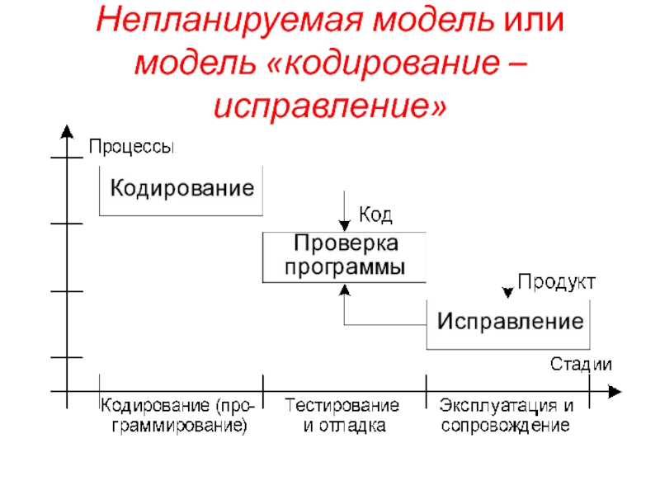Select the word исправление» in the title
point(330,106)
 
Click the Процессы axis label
point(131,147)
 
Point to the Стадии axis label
point(581,364)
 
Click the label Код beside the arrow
point(375,215)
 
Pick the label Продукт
point(556,281)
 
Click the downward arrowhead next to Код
point(345,226)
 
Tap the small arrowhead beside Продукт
point(508,293)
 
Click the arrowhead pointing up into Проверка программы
point(345,290)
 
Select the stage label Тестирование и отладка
point(342,416)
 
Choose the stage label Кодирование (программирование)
point(178,416)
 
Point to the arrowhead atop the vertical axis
point(67,131)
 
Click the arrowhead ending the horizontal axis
point(615,391)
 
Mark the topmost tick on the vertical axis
point(67,158)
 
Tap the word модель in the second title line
point(196,64)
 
